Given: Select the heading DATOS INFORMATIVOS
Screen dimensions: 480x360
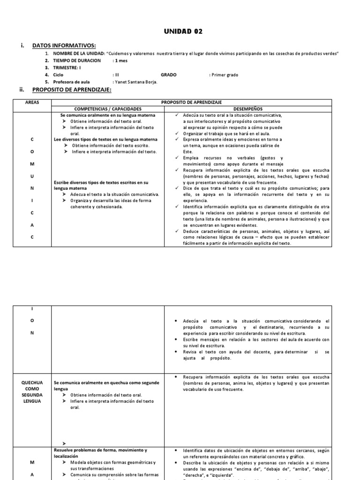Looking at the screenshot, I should pyautogui.click(x=64, y=45).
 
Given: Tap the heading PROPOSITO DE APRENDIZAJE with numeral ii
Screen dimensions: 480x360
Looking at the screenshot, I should pyautogui.click(x=72, y=89).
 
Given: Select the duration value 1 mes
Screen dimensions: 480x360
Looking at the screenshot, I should pyautogui.click(x=120, y=60).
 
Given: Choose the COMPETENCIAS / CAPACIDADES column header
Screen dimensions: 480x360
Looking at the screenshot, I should pyautogui.click(x=108, y=108).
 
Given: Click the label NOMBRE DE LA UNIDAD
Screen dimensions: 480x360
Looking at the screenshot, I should pyautogui.click(x=78, y=53).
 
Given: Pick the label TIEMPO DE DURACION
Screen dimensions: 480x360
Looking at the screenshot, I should pyautogui.click(x=77, y=60).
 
